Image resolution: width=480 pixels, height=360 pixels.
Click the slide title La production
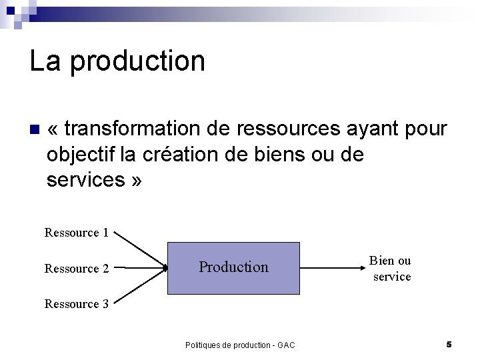[117, 61]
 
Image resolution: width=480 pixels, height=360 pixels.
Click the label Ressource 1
[76, 233]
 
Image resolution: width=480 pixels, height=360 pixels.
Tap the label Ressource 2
[76, 269]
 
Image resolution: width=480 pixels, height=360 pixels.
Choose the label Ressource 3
[76, 304]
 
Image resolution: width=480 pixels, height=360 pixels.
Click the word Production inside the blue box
[233, 267]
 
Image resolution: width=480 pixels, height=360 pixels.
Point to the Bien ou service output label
[391, 268]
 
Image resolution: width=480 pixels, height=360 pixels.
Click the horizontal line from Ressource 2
[143, 269]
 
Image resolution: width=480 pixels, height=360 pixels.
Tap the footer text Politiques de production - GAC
[240, 345]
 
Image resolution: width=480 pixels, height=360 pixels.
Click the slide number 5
[449, 344]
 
